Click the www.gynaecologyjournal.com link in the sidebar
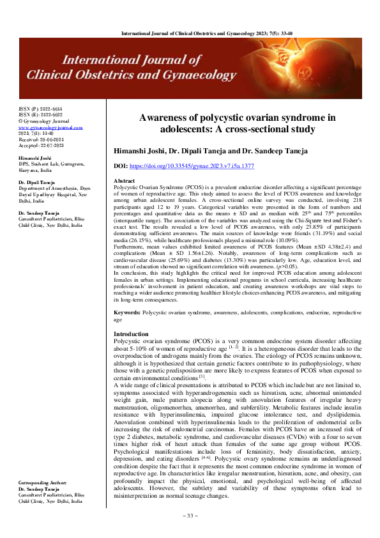(50, 127)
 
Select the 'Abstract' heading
(124, 181)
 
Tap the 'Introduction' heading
(130, 334)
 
